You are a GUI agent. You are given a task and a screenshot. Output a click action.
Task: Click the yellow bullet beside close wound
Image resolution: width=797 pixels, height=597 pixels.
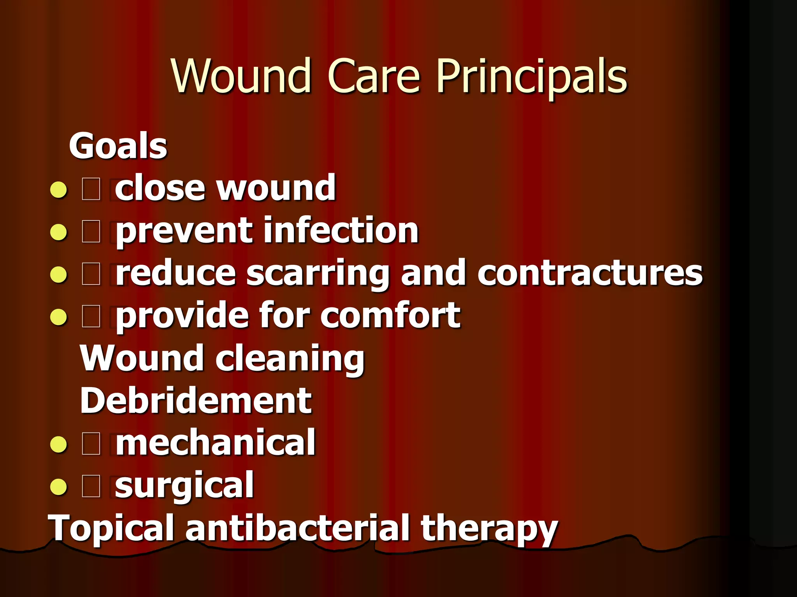[59, 190]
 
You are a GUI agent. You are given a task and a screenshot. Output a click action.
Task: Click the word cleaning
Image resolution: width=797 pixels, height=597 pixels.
[290, 358]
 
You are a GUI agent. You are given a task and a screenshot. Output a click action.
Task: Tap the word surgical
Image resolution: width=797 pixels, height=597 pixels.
[184, 485]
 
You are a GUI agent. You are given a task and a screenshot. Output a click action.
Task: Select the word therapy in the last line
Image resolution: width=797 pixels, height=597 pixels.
[489, 529]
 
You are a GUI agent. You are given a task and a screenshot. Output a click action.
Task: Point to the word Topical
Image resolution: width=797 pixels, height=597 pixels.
[111, 529]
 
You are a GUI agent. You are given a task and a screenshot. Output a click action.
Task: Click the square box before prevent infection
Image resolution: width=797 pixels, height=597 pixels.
[91, 232]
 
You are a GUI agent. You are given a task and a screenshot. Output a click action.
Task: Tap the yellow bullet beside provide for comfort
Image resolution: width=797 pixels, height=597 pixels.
[59, 317]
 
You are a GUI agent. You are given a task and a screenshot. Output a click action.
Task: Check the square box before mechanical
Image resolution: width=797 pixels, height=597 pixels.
[91, 444]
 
